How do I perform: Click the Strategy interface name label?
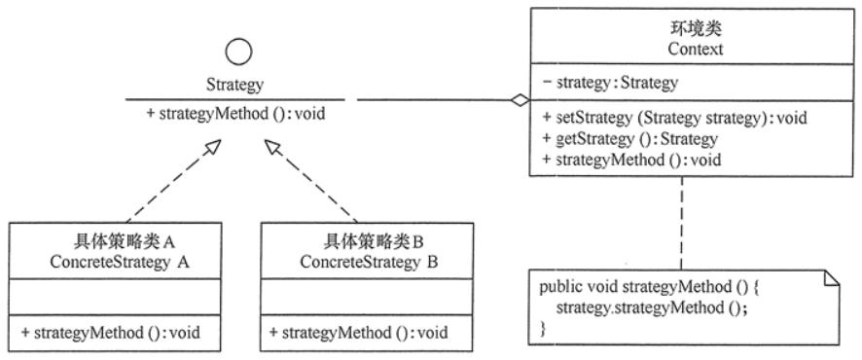point(234,85)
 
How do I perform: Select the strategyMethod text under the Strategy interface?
point(235,114)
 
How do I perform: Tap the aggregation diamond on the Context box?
point(519,100)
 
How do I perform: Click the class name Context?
point(696,49)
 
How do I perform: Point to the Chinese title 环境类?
point(696,29)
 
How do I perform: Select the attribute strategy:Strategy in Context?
point(610,83)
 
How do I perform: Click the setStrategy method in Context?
point(674,118)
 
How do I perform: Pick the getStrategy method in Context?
point(630,139)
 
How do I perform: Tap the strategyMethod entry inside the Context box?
point(631,160)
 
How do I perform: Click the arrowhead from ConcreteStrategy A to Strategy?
point(212,147)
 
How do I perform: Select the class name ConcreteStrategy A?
point(120,262)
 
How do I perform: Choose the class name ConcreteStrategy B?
point(369,262)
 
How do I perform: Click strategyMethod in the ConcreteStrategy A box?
point(111,333)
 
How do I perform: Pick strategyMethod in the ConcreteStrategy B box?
point(359,333)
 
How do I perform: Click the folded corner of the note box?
point(832,278)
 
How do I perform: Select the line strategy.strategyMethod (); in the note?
point(652,307)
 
